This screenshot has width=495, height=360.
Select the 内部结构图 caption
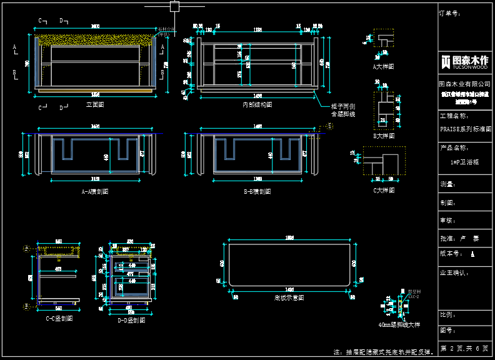pyautogui.click(x=257, y=105)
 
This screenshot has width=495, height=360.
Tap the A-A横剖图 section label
pyautogui.click(x=95, y=192)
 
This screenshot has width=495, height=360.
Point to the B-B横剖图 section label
pyautogui.click(x=257, y=192)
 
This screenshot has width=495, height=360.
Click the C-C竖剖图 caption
pyautogui.click(x=59, y=319)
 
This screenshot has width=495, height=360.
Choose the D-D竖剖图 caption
pyautogui.click(x=131, y=320)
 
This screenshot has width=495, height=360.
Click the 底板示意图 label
pyautogui.click(x=289, y=298)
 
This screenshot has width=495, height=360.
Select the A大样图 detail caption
pyautogui.click(x=383, y=66)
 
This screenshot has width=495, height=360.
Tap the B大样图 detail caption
pyautogui.click(x=384, y=136)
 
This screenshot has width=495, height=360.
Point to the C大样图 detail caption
pyautogui.click(x=384, y=191)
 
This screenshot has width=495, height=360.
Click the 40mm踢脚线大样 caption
pyautogui.click(x=399, y=324)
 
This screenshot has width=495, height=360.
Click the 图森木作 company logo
pyautogui.click(x=464, y=61)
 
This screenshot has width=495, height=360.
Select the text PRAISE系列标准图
pyautogui.click(x=466, y=129)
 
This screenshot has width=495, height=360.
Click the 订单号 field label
pyautogui.click(x=450, y=12)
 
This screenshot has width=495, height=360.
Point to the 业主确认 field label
pyautogui.click(x=455, y=273)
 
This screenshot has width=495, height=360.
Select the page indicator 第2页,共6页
pyautogui.click(x=464, y=348)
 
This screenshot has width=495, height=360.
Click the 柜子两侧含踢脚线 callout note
pyautogui.click(x=343, y=111)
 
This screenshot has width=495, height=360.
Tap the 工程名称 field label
pyautogui.click(x=454, y=116)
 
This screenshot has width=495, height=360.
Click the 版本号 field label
pyautogui.click(x=451, y=254)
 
